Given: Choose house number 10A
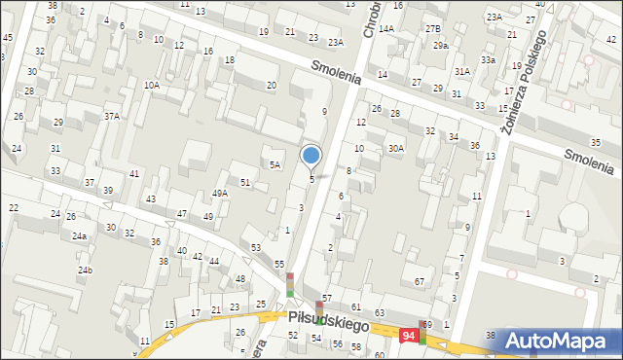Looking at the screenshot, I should coord(152,86).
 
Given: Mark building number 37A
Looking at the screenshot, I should coord(112,117).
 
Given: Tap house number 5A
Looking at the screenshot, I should coord(275,165).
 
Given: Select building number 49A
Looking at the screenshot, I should coord(220,194).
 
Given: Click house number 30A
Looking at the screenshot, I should coord(395,149).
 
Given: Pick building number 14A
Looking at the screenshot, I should coord(387,29).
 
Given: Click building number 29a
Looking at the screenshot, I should coord(441,46).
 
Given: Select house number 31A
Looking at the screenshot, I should coord(462,72).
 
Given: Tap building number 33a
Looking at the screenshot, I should coord(487,60).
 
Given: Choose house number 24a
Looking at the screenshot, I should coord(79,236).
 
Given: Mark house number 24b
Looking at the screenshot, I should coord(86,270).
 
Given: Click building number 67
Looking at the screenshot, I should coord(420,282).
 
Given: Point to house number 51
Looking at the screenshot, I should coord(245,182).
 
